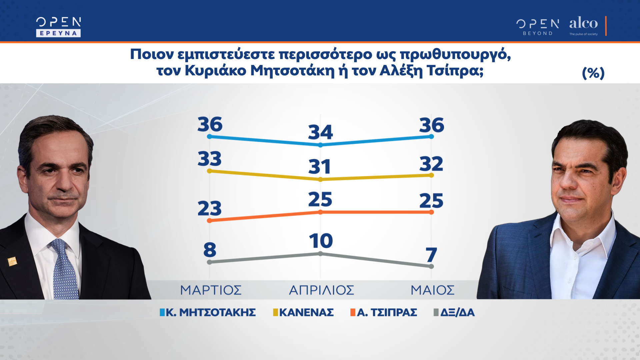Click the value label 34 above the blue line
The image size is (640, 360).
(320, 132)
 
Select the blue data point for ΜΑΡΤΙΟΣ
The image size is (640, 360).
(209, 136)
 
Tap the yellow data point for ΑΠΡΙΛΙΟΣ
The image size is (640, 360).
(320, 179)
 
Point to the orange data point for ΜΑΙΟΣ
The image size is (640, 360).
(431, 212)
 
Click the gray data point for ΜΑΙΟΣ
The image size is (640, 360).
(431, 266)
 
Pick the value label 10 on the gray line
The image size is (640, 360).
(321, 241)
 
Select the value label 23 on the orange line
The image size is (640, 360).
(209, 208)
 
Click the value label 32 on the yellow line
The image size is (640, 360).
(431, 164)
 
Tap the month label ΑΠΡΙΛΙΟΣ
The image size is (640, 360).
(321, 290)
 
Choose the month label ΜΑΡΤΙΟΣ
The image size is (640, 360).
(211, 290)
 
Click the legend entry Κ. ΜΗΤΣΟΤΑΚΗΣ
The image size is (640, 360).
(208, 312)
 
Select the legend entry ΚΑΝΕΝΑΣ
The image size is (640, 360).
(303, 312)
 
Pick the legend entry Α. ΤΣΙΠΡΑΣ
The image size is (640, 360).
(384, 312)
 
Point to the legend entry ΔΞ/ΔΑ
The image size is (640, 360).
(454, 312)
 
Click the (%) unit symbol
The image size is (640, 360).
(593, 73)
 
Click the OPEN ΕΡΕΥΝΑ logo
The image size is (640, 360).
(58, 27)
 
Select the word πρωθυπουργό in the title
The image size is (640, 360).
(455, 54)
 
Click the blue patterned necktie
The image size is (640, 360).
(64, 270)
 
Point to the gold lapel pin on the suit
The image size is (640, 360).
(12, 261)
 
